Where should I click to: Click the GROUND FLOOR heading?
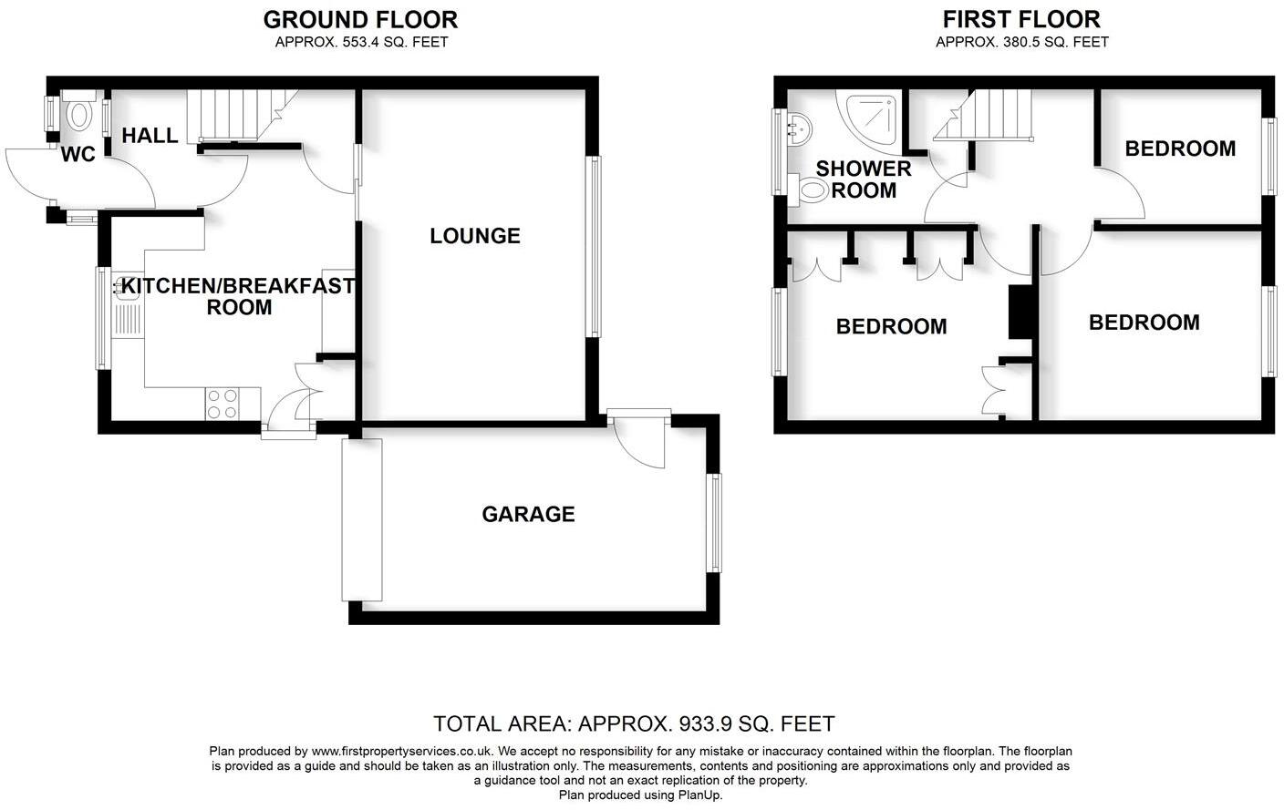pos(360,19)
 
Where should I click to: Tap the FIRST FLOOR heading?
pos(1021,19)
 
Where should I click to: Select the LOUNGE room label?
pos(475,236)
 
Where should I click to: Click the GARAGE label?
pos(528,515)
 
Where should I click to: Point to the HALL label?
pos(150,136)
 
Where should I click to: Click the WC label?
pos(78,155)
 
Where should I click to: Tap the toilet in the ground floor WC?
pos(79,114)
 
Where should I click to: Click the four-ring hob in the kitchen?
pos(223,404)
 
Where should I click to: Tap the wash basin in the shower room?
pos(798,130)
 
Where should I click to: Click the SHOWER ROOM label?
pos(864,179)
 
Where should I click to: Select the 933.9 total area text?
pos(634,724)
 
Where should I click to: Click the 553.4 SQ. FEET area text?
pos(361,42)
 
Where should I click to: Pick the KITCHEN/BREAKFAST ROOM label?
pos(239,296)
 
